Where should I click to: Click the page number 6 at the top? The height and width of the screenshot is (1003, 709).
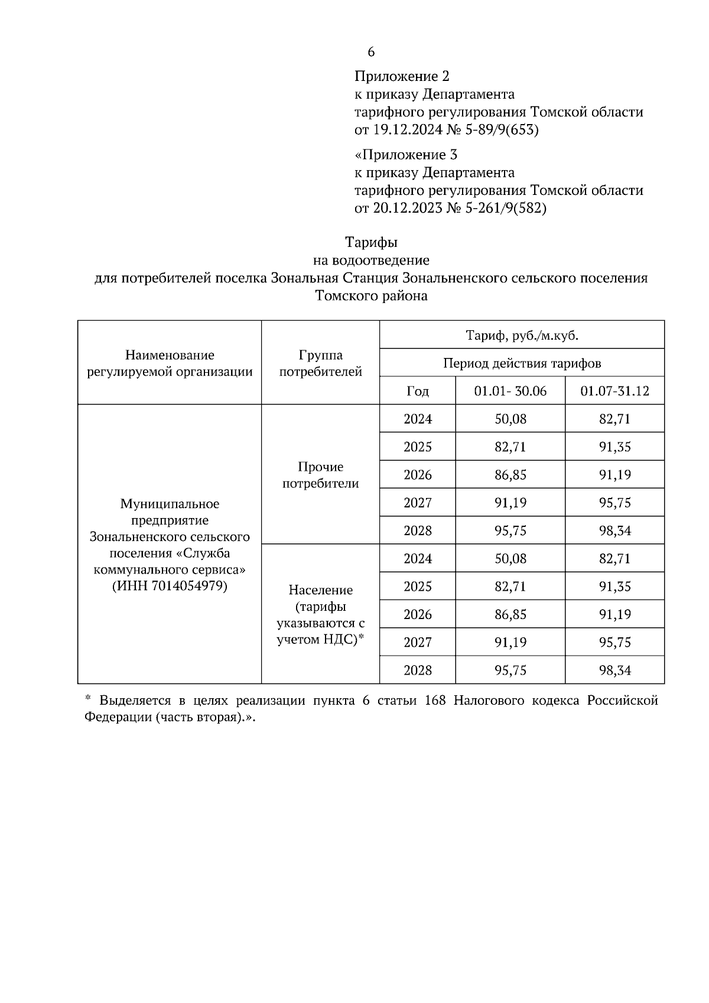click(370, 52)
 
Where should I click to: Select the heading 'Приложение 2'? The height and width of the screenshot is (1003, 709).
click(402, 76)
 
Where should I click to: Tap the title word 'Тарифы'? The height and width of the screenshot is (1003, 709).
click(371, 242)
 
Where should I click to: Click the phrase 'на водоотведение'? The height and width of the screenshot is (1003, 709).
click(371, 260)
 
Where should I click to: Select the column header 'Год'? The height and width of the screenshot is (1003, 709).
click(418, 391)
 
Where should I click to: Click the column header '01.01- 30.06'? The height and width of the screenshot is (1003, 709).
click(510, 391)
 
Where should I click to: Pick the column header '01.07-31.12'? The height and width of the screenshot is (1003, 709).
click(614, 391)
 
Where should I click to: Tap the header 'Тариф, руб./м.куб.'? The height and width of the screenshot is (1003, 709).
click(522, 336)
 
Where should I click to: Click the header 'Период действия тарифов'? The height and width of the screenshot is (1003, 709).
click(522, 363)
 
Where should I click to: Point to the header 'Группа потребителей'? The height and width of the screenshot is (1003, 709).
click(320, 363)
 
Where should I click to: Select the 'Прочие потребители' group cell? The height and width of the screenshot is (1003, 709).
click(320, 475)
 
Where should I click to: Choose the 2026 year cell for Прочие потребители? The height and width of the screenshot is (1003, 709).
click(418, 475)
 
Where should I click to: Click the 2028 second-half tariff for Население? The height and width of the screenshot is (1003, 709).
click(614, 670)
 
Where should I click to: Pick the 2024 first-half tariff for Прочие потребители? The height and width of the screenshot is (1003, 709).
click(510, 419)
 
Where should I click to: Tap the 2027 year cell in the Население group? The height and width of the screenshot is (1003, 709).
click(418, 642)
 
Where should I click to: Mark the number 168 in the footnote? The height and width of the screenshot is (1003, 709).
click(434, 701)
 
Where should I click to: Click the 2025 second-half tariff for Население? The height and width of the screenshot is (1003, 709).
click(614, 587)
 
